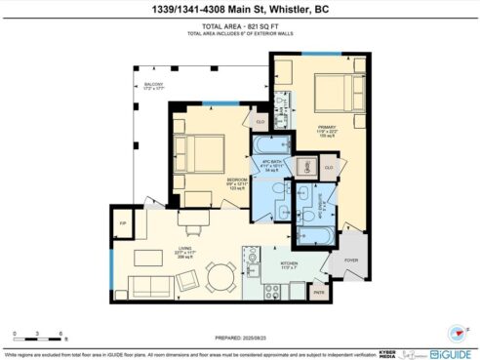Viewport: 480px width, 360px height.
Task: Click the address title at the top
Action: point(240,12)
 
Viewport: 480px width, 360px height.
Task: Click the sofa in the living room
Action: point(154,285)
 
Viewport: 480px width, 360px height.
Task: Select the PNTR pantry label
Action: point(318,291)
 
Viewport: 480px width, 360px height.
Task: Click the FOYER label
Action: point(351,260)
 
